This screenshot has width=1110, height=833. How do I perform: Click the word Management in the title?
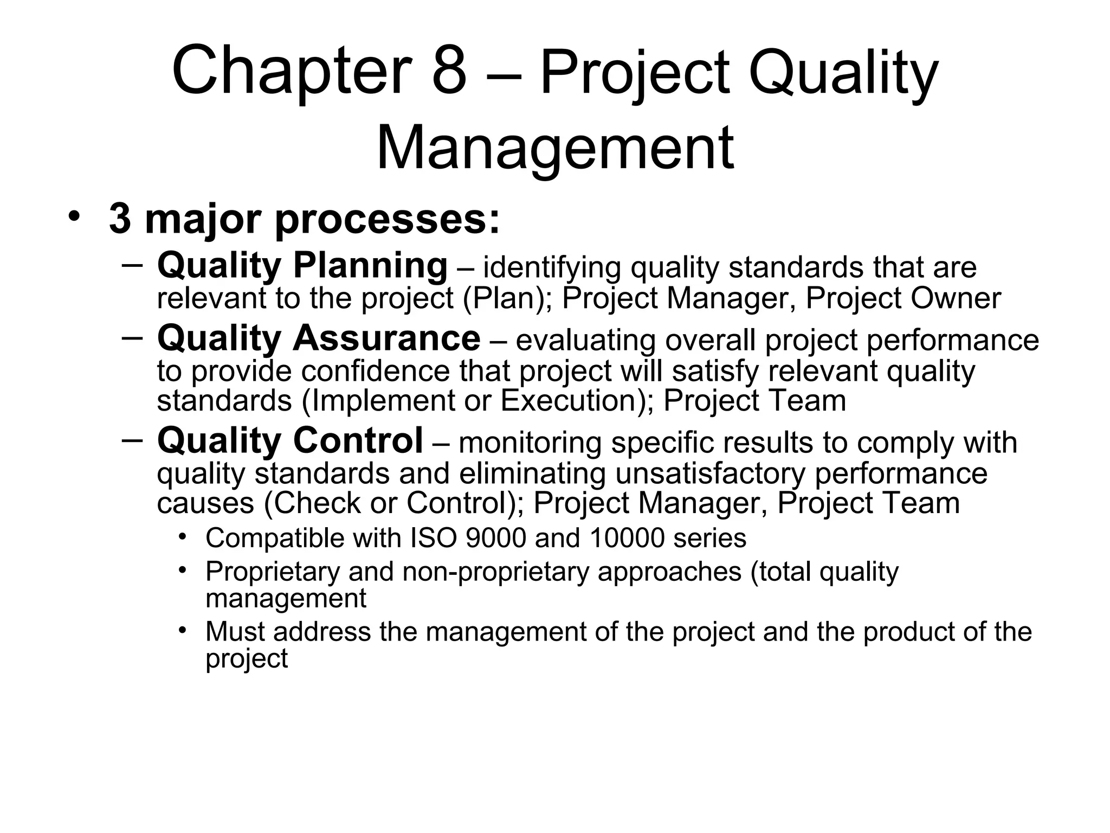554,148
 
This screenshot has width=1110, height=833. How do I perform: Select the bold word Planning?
370,266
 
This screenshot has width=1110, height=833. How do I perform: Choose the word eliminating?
532,473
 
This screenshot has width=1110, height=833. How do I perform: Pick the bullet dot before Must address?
183,630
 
